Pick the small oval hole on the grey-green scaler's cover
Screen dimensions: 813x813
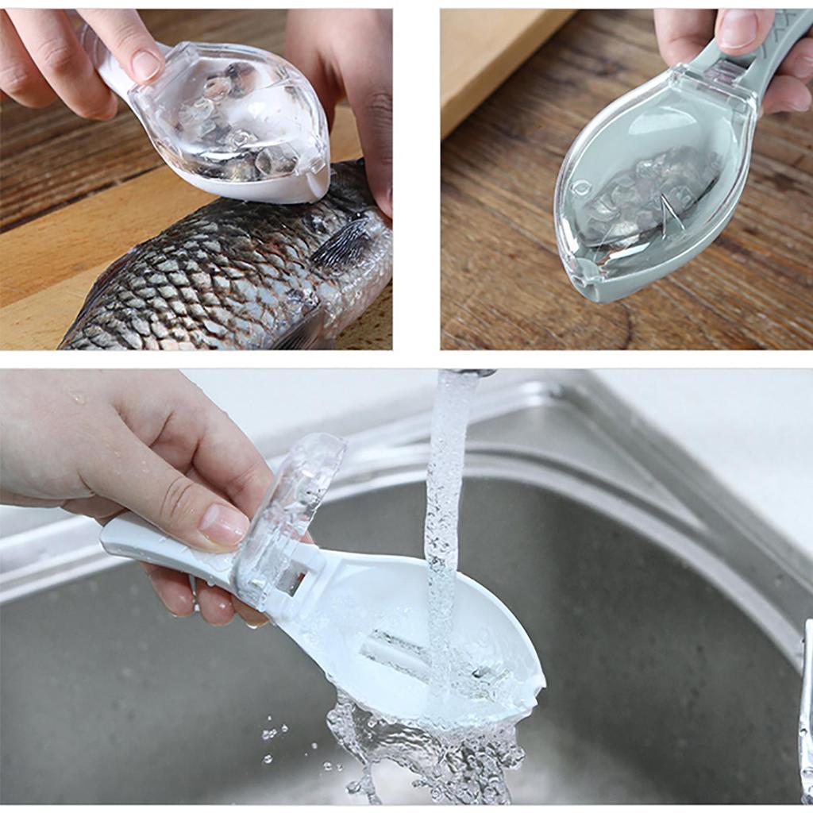(581, 188)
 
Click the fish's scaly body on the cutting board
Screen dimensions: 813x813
(198, 278)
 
